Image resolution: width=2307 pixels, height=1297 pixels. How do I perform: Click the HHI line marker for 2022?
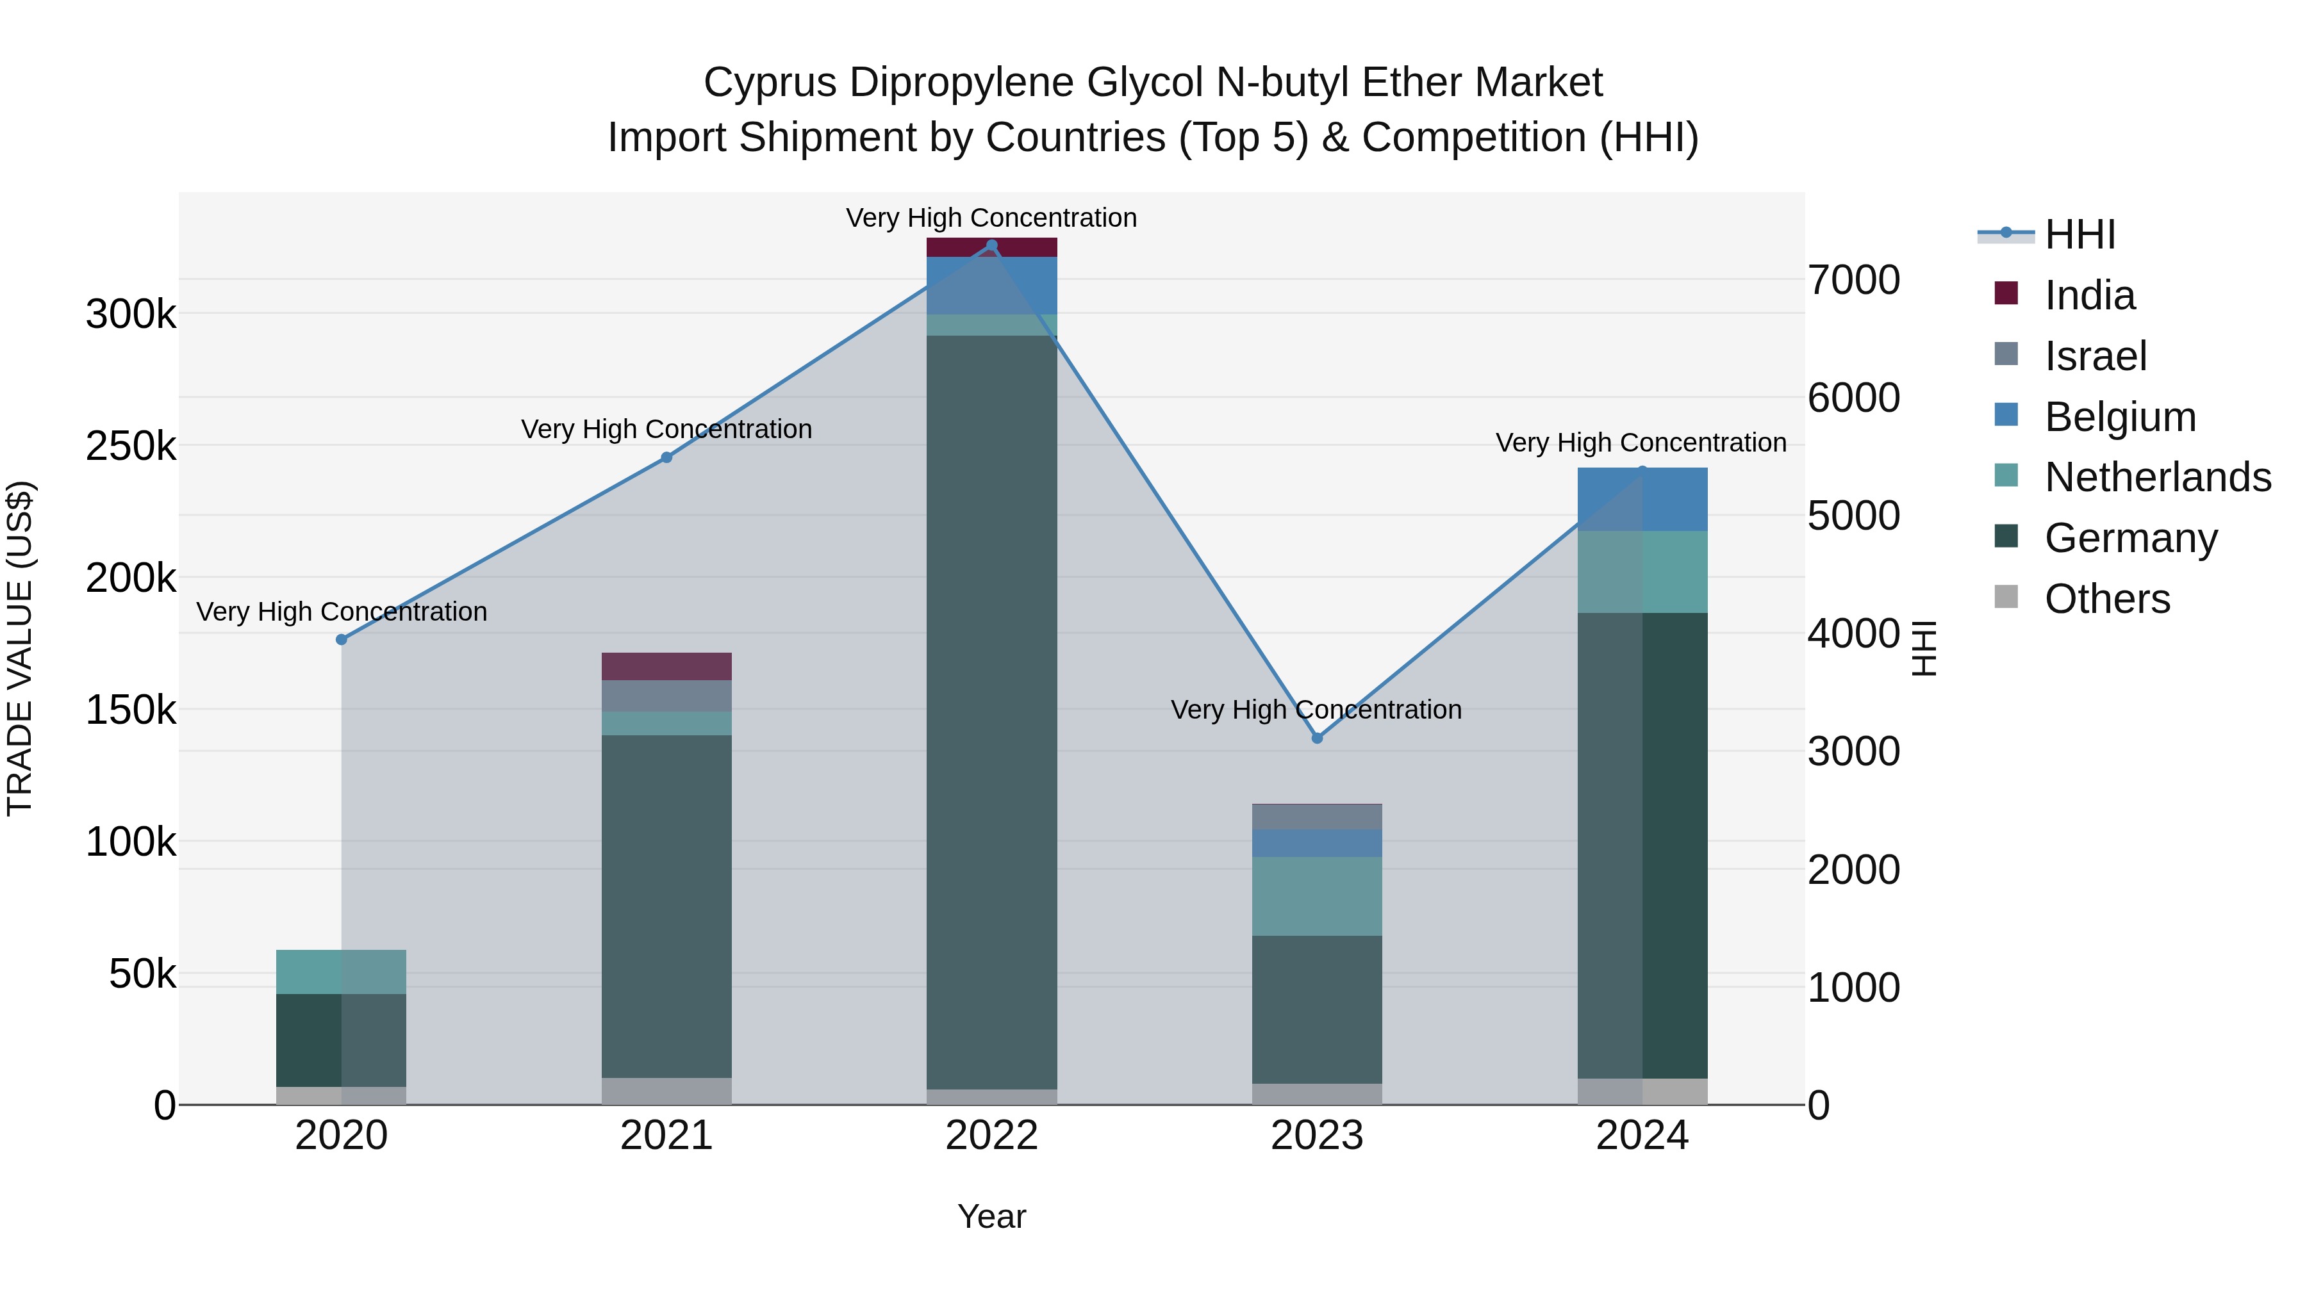point(991,245)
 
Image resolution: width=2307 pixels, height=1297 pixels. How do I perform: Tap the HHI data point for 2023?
point(1316,738)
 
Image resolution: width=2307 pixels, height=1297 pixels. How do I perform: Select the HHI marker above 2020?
point(341,640)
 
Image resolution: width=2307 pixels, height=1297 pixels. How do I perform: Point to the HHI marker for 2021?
point(666,457)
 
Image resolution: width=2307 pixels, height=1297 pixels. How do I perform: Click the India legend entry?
point(2089,295)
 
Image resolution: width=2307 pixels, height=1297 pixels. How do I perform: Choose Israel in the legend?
point(2096,356)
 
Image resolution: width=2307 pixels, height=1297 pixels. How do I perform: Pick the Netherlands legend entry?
point(2158,477)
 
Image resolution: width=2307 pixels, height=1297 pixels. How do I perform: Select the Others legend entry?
point(2107,599)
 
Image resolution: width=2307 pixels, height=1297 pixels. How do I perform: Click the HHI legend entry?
point(2080,234)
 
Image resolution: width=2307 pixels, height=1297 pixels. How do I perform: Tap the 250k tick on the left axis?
point(131,446)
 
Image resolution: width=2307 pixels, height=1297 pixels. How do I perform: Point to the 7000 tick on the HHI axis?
point(1853,280)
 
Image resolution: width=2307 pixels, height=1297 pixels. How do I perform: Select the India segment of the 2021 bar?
point(666,667)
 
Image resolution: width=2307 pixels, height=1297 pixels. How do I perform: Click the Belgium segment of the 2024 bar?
point(1642,500)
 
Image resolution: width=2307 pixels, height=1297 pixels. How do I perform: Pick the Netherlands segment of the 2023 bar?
point(1316,896)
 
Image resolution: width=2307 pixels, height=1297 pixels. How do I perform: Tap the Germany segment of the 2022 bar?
point(991,712)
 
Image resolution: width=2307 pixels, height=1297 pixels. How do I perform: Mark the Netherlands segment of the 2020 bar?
point(341,972)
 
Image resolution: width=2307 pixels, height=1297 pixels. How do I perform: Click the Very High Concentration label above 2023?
point(1316,710)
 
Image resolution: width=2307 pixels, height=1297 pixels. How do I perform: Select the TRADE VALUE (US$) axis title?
point(20,648)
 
